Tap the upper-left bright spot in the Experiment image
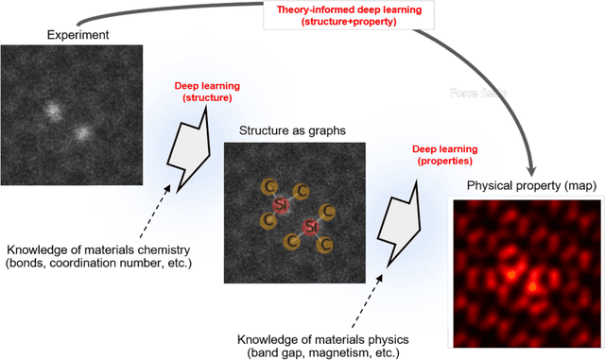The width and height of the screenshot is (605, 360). pyautogui.click(x=54, y=111)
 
